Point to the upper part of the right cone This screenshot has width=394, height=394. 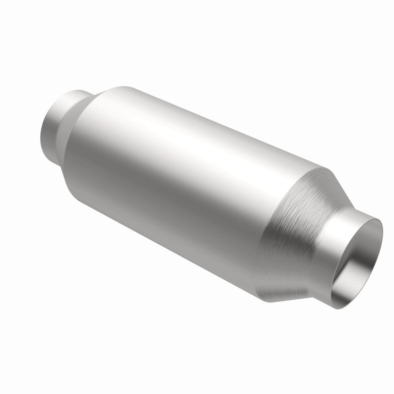point(320,182)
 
